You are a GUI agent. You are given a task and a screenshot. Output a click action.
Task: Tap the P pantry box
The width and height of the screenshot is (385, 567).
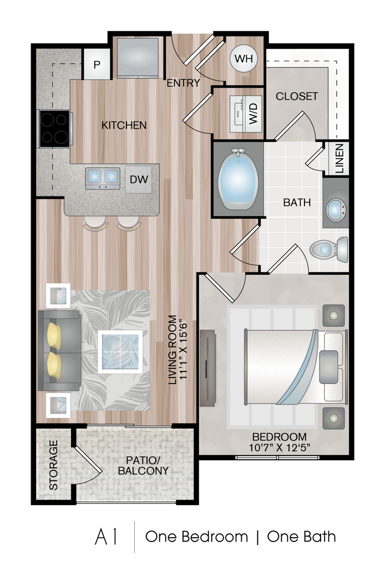click(97, 65)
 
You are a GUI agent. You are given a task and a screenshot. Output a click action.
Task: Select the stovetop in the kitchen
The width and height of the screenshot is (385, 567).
click(54, 128)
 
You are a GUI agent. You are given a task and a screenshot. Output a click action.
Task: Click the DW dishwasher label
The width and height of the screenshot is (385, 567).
click(138, 179)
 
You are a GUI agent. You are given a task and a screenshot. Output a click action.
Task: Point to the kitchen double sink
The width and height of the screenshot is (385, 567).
click(103, 178)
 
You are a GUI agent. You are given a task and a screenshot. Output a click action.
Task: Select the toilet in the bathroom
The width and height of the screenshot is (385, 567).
click(329, 249)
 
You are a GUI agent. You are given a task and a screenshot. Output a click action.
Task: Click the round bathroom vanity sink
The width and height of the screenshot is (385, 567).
click(336, 210)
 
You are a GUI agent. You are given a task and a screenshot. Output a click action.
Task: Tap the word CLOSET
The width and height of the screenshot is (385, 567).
click(297, 96)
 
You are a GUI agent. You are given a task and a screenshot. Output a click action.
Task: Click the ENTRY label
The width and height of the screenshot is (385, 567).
click(183, 84)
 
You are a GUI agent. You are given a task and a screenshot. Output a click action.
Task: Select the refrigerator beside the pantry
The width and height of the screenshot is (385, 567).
click(138, 57)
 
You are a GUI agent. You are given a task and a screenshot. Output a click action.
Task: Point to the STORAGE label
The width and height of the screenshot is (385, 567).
click(53, 465)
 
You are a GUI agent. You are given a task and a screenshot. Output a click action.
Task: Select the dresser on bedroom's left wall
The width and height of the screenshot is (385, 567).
click(207, 368)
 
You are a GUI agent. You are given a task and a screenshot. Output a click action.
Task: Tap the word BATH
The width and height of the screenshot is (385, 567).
click(297, 203)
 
